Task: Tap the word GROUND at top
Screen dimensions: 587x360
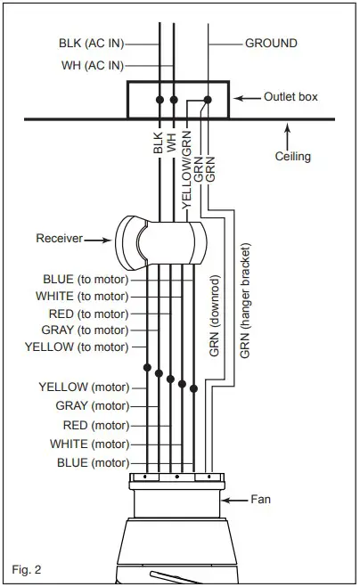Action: pyautogui.click(x=271, y=43)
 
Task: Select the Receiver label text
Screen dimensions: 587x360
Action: pyautogui.click(x=60, y=238)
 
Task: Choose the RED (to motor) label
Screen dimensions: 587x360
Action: pyautogui.click(x=89, y=313)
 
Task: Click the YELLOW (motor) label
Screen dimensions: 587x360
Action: pyautogui.click(x=84, y=387)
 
